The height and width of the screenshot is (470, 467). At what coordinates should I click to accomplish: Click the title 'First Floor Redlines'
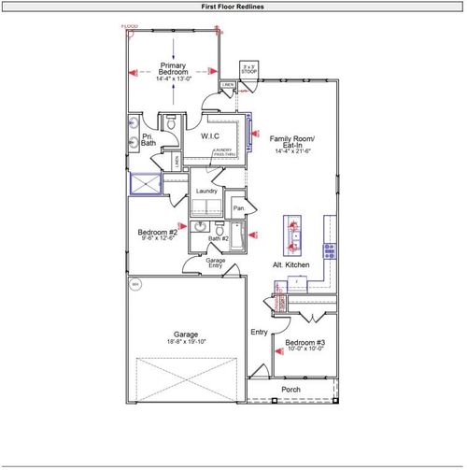click(x=233, y=7)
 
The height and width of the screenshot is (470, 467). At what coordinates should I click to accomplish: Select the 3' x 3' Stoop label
click(x=248, y=69)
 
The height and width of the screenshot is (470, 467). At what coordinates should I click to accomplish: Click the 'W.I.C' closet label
click(x=210, y=136)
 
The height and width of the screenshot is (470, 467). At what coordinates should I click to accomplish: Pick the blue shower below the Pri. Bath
click(x=147, y=185)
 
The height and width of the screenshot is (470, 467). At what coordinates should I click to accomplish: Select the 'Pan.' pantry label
click(x=238, y=207)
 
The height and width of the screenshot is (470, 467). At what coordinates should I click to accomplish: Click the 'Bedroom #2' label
click(x=158, y=234)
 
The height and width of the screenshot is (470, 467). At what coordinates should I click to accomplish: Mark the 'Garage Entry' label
click(x=216, y=263)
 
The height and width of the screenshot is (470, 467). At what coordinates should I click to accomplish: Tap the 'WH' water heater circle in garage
click(x=134, y=284)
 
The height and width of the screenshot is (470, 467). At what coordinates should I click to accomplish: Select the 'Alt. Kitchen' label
click(x=290, y=266)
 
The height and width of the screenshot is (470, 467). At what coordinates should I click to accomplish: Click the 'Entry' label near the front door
click(x=259, y=332)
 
